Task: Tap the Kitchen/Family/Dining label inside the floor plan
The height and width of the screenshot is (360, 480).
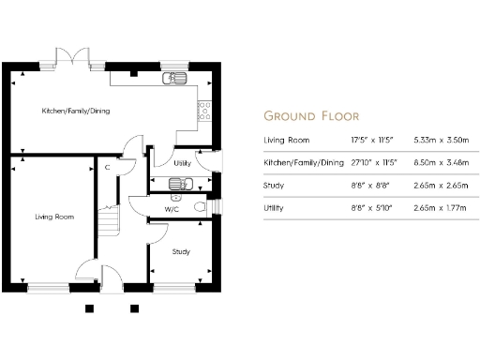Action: (x=76, y=111)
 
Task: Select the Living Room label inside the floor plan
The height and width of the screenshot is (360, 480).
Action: (x=54, y=217)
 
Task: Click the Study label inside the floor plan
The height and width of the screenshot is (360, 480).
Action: (x=182, y=251)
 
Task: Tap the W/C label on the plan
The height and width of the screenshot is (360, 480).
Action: (x=172, y=208)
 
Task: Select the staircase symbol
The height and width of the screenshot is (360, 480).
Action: (x=112, y=221)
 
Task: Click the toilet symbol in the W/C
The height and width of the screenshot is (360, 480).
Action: (x=198, y=206)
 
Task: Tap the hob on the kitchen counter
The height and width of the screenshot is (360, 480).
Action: (x=203, y=112)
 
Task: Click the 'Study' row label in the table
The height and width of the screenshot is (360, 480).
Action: (x=275, y=186)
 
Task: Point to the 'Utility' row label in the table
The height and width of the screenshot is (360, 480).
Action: (x=275, y=208)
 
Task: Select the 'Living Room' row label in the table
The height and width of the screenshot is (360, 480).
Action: (x=286, y=141)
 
